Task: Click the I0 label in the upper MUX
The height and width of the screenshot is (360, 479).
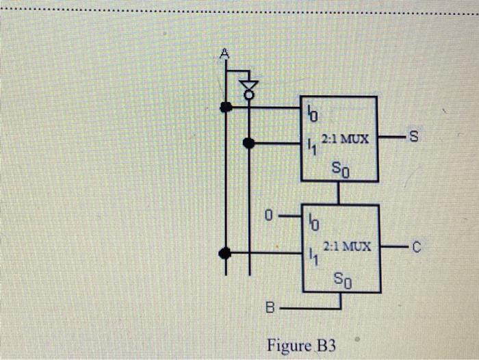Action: coord(311,110)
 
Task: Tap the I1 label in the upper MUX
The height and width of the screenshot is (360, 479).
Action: coord(311,146)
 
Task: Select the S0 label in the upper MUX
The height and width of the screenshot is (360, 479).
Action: coord(341,167)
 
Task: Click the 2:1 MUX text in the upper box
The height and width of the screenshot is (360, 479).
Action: coord(346,139)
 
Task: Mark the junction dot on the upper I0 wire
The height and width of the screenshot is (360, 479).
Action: coord(225,107)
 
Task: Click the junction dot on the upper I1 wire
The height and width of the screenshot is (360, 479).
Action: coord(248,143)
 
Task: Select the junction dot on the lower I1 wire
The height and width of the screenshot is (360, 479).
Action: coord(225,253)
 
